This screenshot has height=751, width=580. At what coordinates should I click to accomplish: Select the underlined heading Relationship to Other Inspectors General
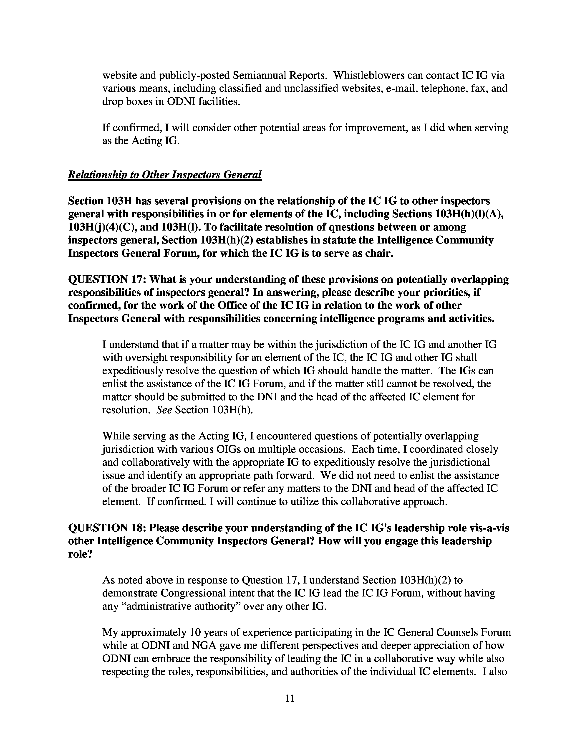165,175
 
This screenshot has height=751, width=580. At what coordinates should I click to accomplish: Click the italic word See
164,410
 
